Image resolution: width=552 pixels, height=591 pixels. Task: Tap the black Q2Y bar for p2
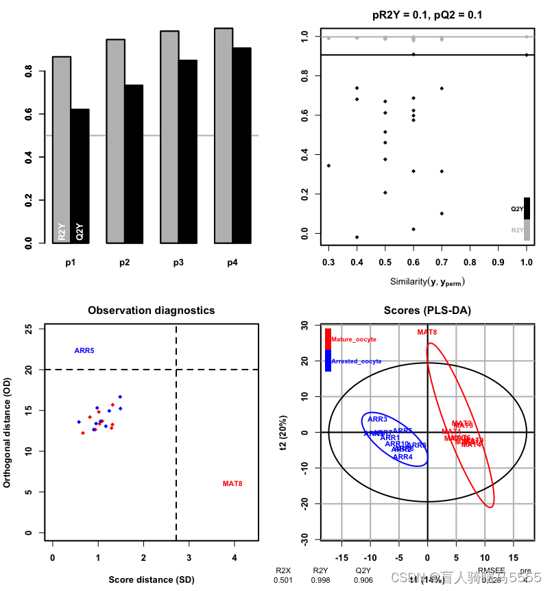tap(134, 164)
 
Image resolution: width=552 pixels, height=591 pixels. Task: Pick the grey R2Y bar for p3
tap(169, 136)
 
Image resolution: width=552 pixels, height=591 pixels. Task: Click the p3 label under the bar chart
tap(178, 263)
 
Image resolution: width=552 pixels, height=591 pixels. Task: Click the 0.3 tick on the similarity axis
tap(328, 263)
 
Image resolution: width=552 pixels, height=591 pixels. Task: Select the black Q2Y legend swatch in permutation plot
tap(527, 208)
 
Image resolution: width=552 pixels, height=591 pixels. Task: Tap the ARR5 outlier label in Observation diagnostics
tap(84, 351)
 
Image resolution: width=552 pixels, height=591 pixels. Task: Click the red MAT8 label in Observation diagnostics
tap(232, 484)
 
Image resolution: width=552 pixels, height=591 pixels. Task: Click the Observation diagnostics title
tap(151, 311)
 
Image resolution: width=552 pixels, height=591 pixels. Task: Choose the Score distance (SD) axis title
tap(151, 580)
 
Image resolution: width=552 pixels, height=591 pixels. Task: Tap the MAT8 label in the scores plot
tap(427, 332)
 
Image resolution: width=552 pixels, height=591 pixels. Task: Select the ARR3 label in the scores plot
tap(377, 419)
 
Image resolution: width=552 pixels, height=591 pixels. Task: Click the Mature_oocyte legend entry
tap(353, 339)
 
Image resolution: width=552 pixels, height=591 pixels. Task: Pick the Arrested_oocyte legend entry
tap(356, 361)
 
